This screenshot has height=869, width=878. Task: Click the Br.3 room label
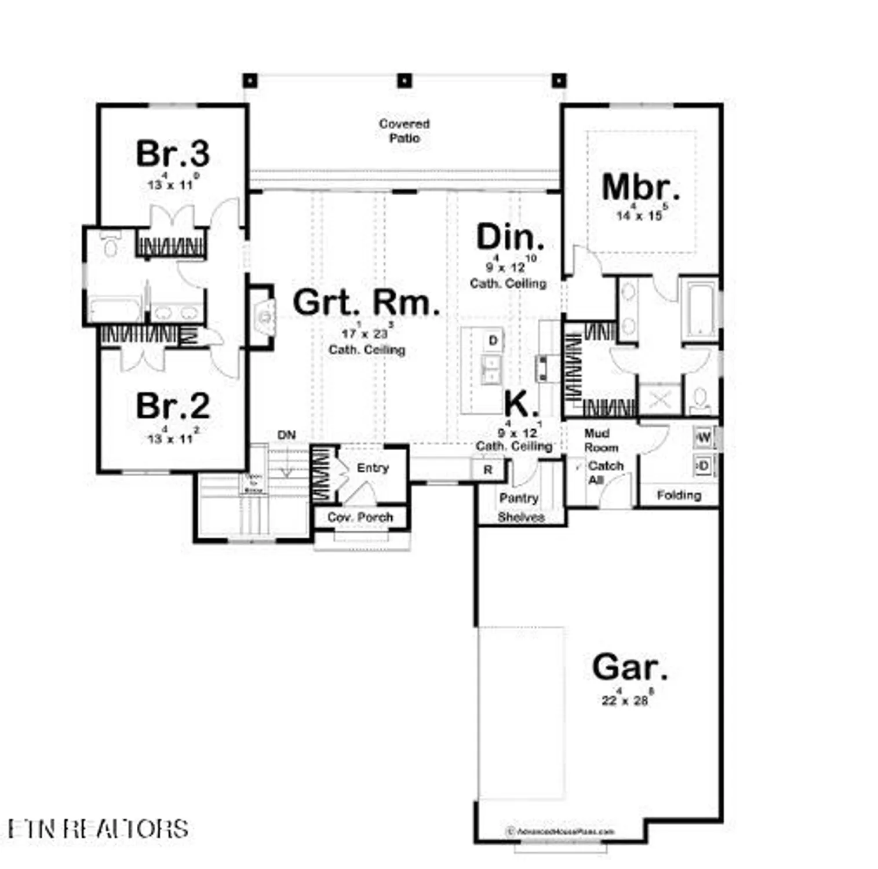point(173,154)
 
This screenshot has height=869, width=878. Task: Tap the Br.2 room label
point(173,406)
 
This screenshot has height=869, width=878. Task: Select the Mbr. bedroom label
point(640,188)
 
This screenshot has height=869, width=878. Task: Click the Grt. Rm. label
point(366,302)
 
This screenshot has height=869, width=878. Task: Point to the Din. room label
point(510,238)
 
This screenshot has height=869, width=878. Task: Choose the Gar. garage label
point(629,667)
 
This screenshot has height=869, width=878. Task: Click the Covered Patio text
point(405,131)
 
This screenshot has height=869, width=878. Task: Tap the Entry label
point(373,468)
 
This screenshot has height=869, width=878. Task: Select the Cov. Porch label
point(360,517)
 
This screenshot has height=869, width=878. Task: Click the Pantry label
point(519,498)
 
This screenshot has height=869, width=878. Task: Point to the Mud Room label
point(600,441)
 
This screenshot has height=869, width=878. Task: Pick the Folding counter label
point(679,495)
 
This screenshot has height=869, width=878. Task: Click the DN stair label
point(286,435)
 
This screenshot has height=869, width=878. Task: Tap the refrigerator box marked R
point(488,470)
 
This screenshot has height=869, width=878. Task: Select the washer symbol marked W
point(704,437)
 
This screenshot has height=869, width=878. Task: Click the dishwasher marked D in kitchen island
point(493,341)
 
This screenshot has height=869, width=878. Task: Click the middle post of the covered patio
point(405,80)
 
